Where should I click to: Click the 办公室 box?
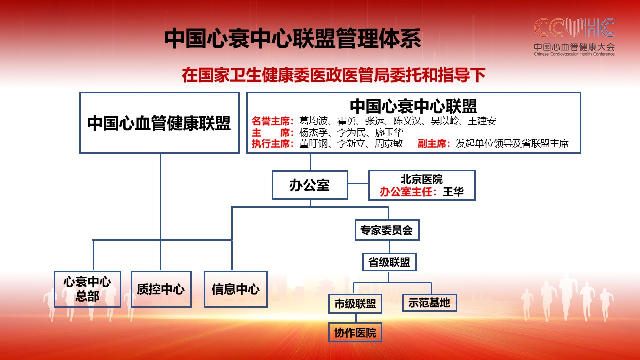(310, 185)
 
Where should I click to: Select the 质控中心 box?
(161, 289)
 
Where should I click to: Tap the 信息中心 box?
(235, 289)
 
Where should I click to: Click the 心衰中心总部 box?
(87, 289)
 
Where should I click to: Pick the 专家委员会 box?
(387, 230)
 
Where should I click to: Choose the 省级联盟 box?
(389, 262)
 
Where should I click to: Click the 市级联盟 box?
(355, 303)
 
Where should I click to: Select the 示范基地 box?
(429, 303)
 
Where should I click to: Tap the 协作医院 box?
(355, 332)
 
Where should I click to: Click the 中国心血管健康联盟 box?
(159, 123)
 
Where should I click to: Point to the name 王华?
(453, 192)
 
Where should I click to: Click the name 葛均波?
(313, 121)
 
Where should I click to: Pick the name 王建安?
(482, 121)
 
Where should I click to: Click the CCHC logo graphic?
(574, 27)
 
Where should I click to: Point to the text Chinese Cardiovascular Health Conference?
(574, 54)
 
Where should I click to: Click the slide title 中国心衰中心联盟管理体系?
(293, 38)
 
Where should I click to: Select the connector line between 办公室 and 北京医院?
(358, 183)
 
